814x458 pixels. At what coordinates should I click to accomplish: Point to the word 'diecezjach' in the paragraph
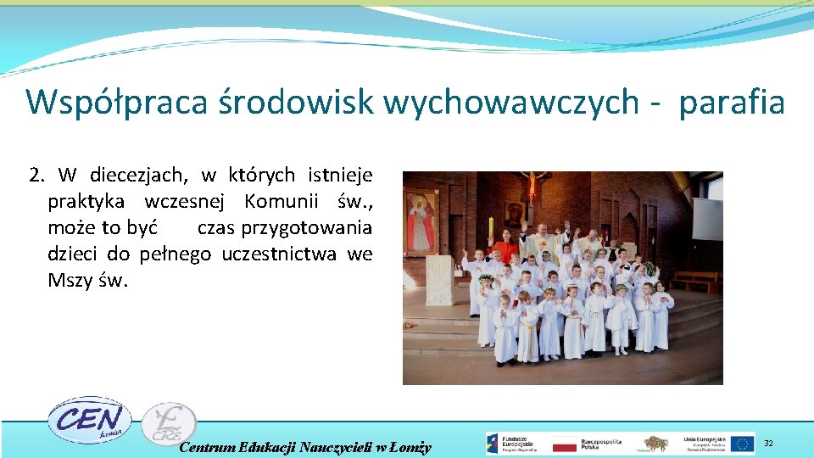135,176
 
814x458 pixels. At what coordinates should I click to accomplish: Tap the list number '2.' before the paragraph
36,176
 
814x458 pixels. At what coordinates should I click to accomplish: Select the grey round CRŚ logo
168,423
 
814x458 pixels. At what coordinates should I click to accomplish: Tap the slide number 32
768,444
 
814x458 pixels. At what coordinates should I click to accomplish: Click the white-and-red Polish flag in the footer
564,444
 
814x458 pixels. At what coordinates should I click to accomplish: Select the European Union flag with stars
742,444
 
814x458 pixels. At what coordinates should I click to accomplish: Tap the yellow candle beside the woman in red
491,229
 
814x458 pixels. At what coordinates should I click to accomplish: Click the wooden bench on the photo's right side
693,281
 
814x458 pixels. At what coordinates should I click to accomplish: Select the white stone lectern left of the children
440,281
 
